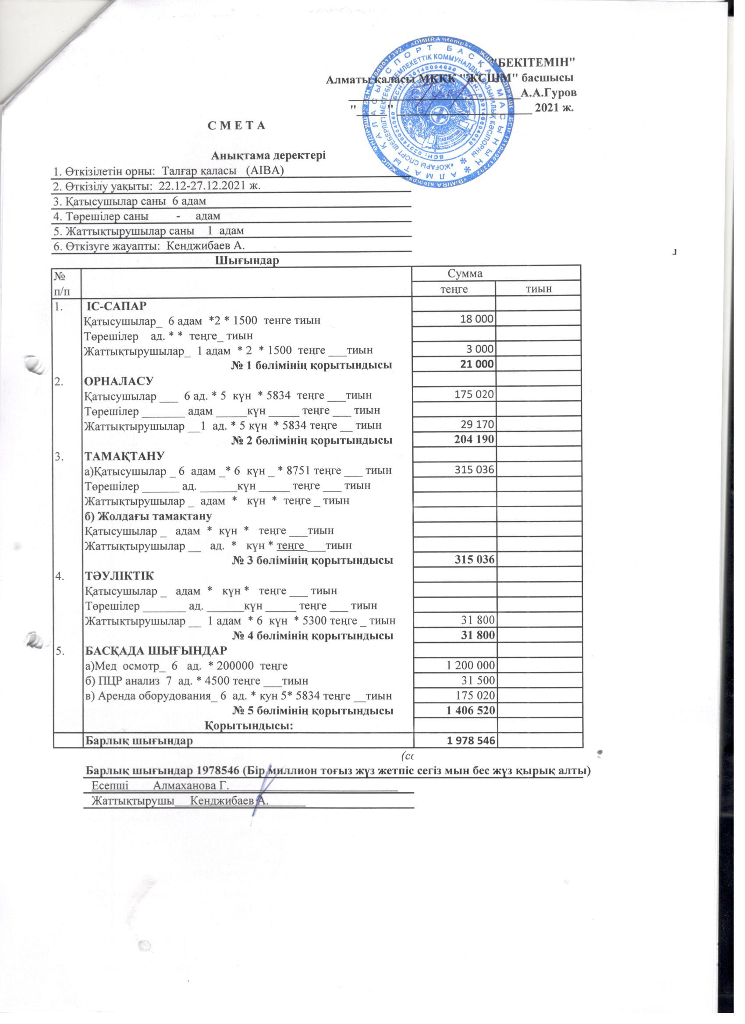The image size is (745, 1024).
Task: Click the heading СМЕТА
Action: tap(235, 126)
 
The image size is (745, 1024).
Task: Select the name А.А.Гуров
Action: tap(548, 94)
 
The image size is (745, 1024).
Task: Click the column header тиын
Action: tap(538, 289)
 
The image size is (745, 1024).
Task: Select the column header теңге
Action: tap(454, 289)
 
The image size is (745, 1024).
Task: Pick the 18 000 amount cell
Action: tap(476, 319)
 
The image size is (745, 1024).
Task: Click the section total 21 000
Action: tap(476, 364)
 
